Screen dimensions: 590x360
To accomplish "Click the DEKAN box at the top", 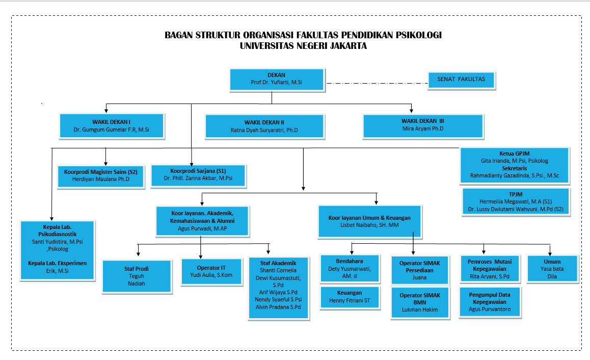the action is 277,80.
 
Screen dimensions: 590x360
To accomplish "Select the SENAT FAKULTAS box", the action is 461,80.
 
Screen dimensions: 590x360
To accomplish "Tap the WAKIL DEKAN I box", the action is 112,126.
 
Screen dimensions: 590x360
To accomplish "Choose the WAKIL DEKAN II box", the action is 264,126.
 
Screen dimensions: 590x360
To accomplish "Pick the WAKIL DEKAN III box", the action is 423,126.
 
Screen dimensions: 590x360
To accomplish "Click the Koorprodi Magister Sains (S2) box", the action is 101,176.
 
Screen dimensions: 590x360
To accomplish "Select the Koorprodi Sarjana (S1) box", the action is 198,175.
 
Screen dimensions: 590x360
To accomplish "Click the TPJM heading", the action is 516,194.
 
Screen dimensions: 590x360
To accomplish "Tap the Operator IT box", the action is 211,272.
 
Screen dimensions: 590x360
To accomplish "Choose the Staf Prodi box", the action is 137,276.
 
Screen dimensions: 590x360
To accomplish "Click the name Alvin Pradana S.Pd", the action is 279,307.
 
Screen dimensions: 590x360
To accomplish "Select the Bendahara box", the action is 350,269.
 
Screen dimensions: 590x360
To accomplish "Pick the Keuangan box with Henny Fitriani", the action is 350,297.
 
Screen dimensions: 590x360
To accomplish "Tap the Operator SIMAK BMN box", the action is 420,303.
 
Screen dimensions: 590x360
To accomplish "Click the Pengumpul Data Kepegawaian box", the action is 490,302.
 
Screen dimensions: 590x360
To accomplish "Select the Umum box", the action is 552,269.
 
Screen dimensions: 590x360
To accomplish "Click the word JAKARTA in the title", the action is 348,46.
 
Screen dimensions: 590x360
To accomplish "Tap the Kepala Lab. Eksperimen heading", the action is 58,263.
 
